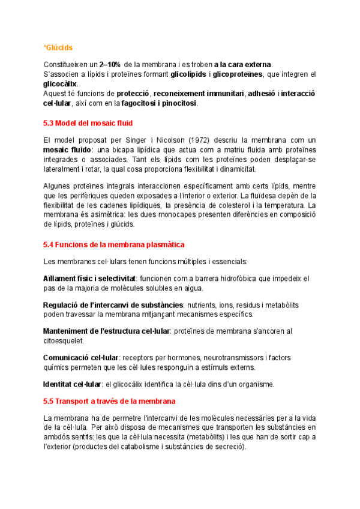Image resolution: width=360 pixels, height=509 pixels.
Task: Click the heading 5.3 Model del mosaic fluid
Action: tap(88, 123)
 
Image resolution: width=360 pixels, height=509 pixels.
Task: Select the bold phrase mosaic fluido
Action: tap(66, 149)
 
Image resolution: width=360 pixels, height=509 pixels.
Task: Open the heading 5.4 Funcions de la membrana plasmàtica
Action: tap(114, 245)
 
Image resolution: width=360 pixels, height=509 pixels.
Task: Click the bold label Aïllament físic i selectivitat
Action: tap(90, 279)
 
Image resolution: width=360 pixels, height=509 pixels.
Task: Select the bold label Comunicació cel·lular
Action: tap(81, 357)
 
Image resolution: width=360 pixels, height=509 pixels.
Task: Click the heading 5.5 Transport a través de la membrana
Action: tap(109, 400)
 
